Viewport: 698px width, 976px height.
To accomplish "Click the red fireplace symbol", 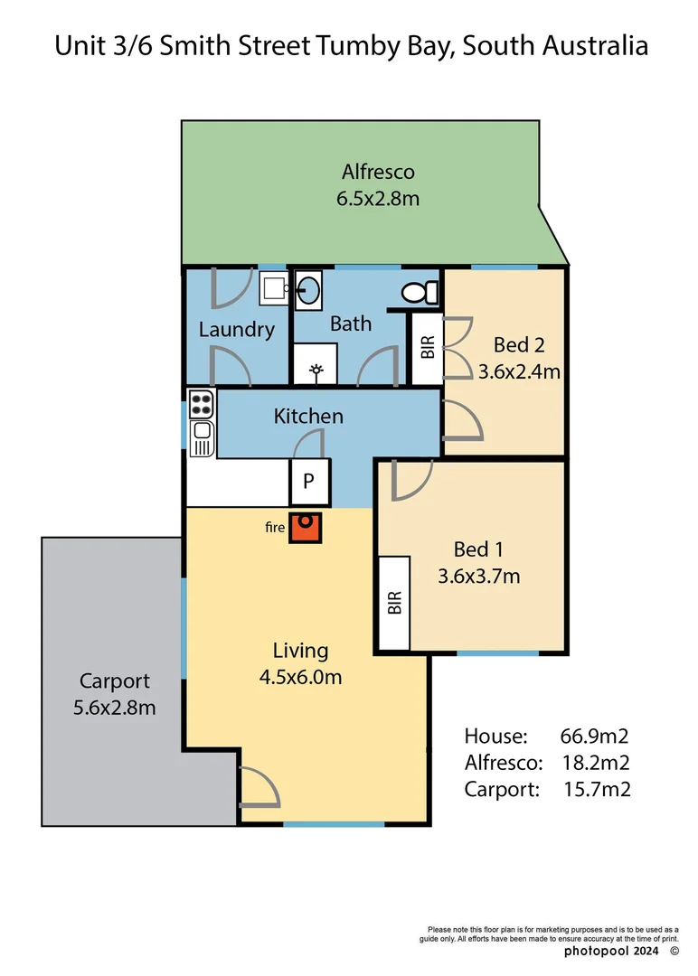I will click(x=304, y=529).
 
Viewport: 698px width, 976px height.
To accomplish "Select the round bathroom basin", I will click(x=307, y=290).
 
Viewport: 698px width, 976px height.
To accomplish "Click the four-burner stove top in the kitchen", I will click(x=201, y=402).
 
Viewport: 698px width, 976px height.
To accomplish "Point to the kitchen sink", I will click(x=201, y=439).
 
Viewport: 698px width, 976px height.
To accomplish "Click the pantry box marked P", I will click(x=308, y=483).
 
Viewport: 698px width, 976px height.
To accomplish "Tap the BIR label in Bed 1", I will click(x=394, y=604).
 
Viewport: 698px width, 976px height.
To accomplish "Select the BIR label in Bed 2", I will click(x=427, y=347).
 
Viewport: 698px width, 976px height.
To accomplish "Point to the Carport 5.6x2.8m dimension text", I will click(x=114, y=708).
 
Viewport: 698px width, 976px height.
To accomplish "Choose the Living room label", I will click(x=300, y=651).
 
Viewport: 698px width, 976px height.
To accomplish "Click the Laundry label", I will click(x=236, y=329).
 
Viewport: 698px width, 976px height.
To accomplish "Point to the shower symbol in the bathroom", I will click(x=316, y=369).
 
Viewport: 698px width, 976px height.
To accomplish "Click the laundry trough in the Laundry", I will click(x=273, y=288).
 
